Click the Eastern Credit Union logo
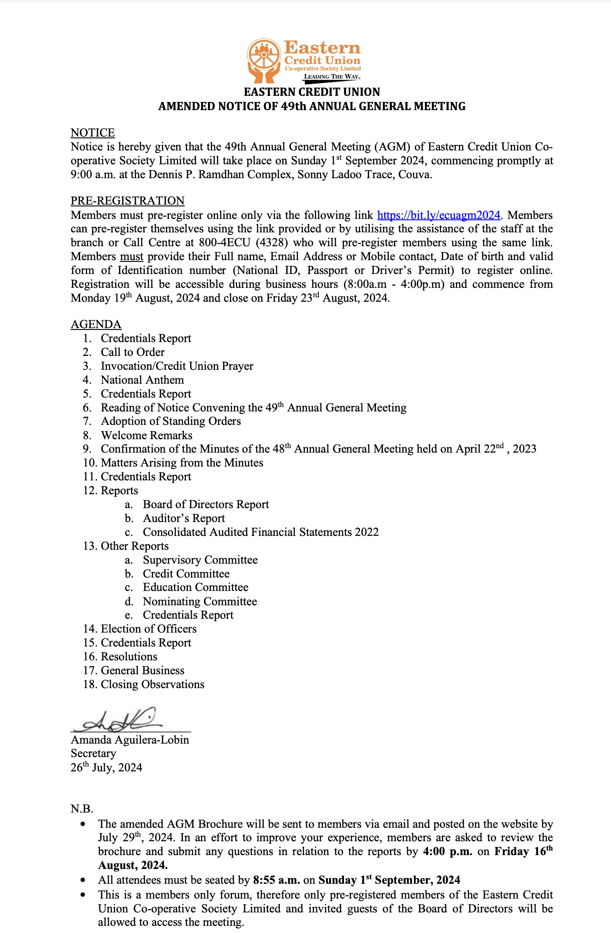304,61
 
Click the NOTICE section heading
93,133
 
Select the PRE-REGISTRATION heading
127,201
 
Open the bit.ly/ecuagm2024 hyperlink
438,215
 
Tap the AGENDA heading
96,324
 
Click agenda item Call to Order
132,352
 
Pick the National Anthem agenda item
142,380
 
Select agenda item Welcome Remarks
146,436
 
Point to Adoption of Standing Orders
170,421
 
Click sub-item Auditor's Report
184,518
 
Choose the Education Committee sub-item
195,587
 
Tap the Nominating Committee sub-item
200,601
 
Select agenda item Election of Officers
149,629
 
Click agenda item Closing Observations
153,685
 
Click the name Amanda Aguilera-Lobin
130,740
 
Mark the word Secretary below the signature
93,753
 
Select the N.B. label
82,809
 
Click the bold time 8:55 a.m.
276,880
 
